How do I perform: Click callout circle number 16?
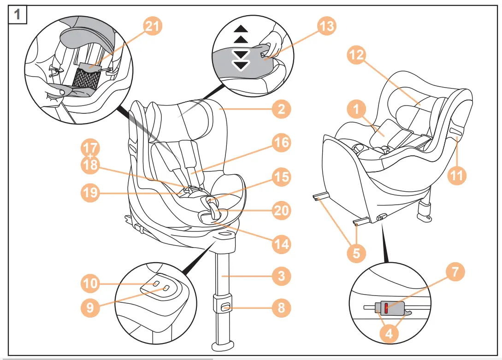pyautogui.click(x=281, y=143)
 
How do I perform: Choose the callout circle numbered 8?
pyautogui.click(x=281, y=307)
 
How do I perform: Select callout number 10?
pyautogui.click(x=90, y=283)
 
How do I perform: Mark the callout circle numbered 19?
pyautogui.click(x=90, y=193)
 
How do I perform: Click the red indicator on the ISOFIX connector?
pyautogui.click(x=386, y=308)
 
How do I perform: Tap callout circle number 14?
pyautogui.click(x=281, y=243)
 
